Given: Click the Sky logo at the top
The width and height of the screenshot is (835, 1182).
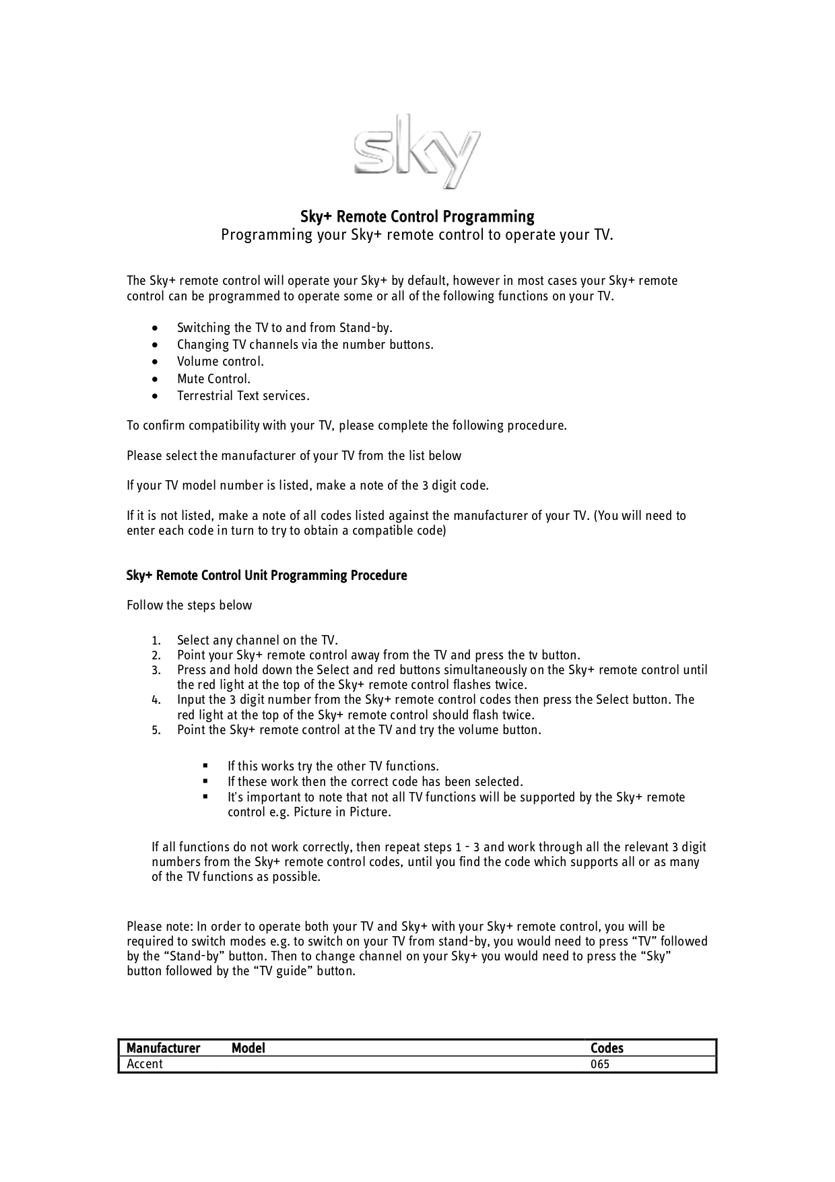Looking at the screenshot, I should pos(417,150).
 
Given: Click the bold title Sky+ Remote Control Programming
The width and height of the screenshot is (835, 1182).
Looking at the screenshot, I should pos(417,217).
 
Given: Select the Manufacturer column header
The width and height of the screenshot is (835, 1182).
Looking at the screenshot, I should pos(163,1048).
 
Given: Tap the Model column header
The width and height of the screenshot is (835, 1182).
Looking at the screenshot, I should pos(248,1048).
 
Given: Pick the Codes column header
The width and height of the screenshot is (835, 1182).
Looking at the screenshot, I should pos(607,1048).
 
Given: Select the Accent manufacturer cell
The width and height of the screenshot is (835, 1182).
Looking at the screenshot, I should pos(145,1064).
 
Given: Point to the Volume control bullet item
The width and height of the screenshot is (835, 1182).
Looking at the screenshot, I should pos(220,362).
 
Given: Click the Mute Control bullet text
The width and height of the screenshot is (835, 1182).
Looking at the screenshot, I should pos(213,379).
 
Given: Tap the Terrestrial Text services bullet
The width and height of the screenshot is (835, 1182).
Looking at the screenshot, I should pos(243,396).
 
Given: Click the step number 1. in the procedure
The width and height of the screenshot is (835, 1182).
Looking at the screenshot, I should pos(156,641).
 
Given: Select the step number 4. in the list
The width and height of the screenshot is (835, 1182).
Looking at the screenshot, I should pos(156,700).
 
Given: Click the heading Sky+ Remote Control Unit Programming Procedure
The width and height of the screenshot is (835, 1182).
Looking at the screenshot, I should pos(267,576).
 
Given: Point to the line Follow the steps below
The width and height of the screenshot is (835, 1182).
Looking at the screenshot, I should pos(189,605).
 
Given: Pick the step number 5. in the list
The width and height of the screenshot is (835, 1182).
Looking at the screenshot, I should pos(156,730).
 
